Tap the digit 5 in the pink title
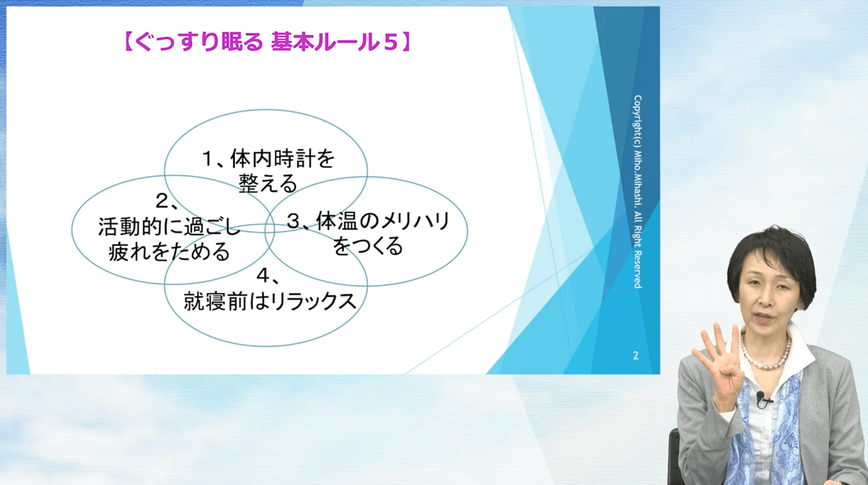(391, 43)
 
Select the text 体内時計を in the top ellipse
(283, 158)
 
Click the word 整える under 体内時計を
(268, 183)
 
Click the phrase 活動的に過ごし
(169, 226)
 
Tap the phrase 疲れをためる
(169, 251)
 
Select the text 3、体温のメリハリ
(368, 221)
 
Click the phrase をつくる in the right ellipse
(368, 246)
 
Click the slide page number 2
(636, 356)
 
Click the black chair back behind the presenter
(674, 456)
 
